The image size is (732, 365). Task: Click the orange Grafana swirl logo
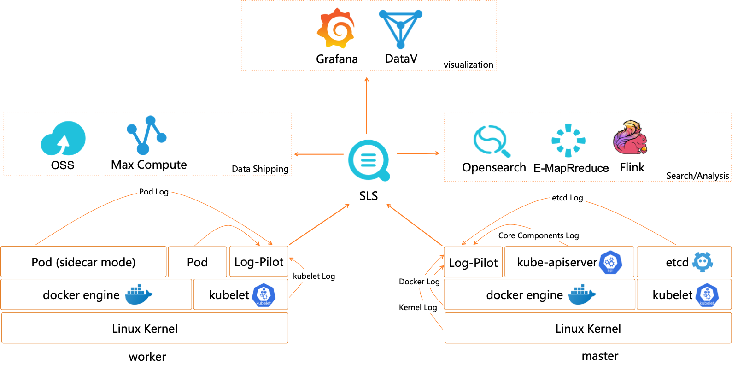[336, 29]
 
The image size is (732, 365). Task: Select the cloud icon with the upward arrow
[63, 138]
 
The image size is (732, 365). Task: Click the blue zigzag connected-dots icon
[146, 135]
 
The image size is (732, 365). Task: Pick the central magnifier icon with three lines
[369, 160]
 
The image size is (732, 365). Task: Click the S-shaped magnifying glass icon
[491, 141]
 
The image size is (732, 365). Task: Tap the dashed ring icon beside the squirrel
[568, 140]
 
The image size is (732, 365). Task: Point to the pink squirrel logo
[630, 137]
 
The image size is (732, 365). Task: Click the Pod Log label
[154, 192]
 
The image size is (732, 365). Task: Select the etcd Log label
[568, 198]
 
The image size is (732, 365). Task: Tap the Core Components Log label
[539, 235]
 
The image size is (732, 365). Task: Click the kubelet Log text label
[314, 276]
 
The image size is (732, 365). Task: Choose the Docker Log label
[419, 282]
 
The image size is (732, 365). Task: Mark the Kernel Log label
[418, 307]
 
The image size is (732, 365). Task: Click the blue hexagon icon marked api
[610, 262]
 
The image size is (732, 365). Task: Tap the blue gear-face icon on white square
[702, 262]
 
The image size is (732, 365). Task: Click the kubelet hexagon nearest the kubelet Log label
[264, 295]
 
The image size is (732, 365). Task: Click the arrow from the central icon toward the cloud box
[319, 154]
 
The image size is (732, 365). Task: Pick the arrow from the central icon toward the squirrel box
[418, 153]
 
